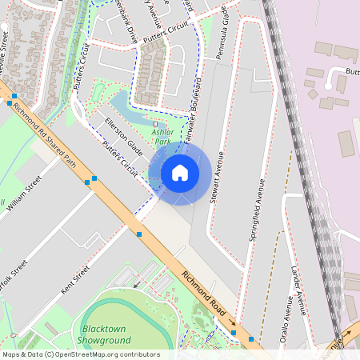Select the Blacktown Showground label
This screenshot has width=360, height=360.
coord(106,334)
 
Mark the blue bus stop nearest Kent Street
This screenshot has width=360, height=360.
coord(139,234)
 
